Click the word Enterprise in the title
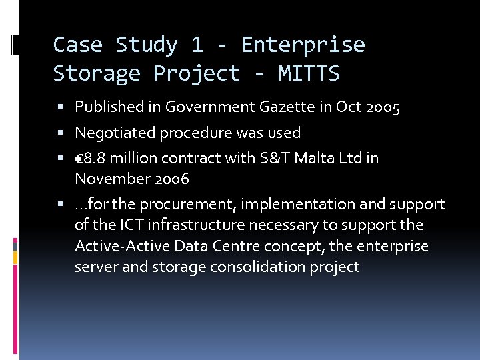[303, 45]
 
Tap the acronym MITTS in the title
[309, 73]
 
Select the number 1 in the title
[197, 45]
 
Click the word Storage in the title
[97, 73]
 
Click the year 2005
[383, 107]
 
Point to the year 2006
[171, 179]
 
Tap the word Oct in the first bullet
[351, 107]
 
